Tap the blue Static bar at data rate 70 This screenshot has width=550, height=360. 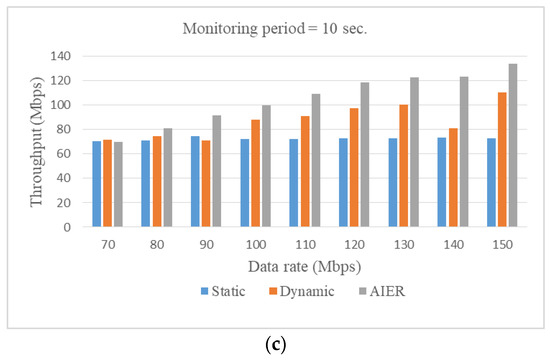coord(97,184)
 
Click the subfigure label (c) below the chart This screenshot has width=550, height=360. coord(274,344)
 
